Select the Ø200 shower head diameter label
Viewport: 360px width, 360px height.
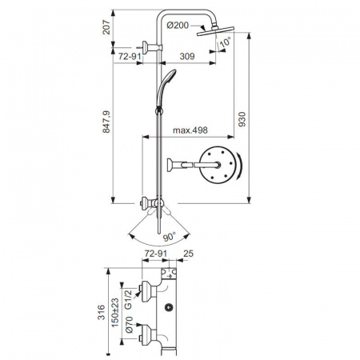(x=179, y=26)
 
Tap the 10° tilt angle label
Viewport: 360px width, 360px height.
(x=226, y=41)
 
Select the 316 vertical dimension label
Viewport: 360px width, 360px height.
(x=102, y=312)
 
